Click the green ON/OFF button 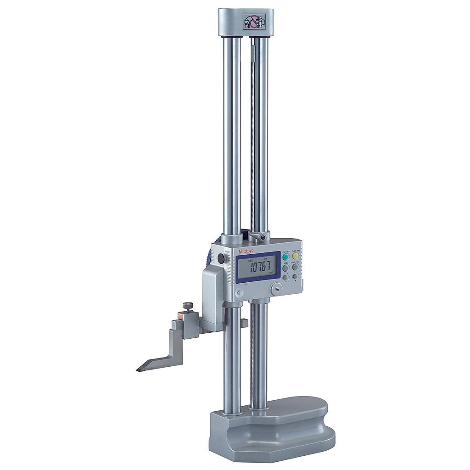pos(285,256)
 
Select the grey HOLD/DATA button pos(296,267)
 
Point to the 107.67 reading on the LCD pos(258,266)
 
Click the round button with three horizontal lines pos(276,289)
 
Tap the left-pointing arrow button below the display pos(239,292)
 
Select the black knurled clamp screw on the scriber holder pos(188,306)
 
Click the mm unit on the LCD pos(271,272)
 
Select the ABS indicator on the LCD pos(250,260)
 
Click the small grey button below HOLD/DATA pos(296,277)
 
